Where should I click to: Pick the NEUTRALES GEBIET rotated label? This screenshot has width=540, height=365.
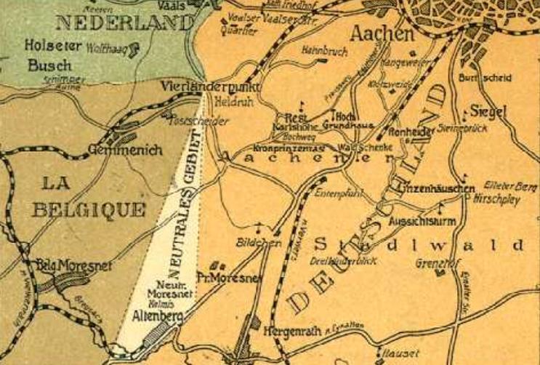pyautogui.click(x=183, y=204)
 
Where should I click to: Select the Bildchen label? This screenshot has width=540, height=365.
pyautogui.click(x=259, y=241)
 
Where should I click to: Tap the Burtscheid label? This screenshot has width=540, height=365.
pyautogui.click(x=485, y=78)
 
